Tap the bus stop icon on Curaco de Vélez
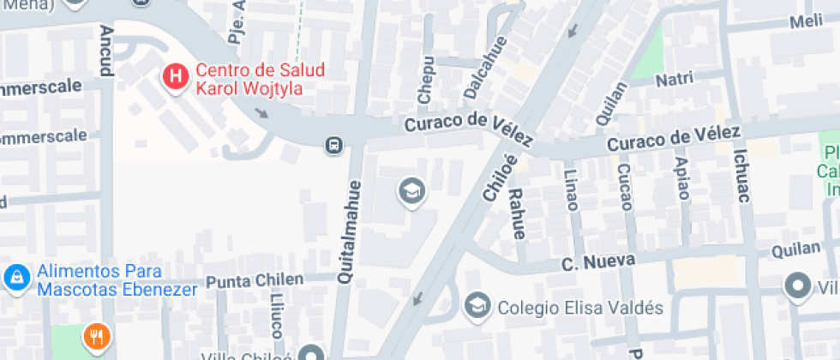pos(333,145)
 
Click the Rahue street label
pos(517,213)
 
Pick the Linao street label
pos(572,188)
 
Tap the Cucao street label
pos(624,187)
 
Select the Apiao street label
pos(681,177)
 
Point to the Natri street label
pos(674,81)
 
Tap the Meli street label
pos(806,21)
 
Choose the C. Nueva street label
pos(598,261)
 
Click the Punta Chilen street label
pos(255,280)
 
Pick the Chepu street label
pos(426,80)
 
